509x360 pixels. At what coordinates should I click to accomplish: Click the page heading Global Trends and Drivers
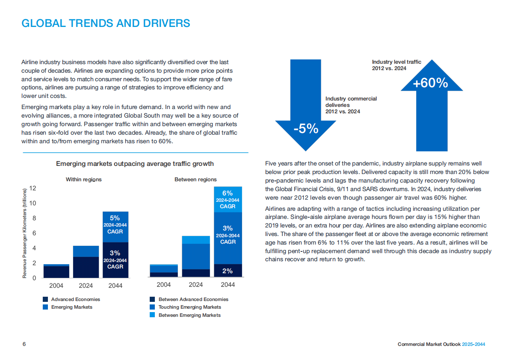106,23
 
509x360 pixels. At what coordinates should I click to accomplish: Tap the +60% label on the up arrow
430,83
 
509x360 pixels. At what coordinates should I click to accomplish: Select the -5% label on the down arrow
305,128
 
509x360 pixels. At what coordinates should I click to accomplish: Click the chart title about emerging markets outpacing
135,164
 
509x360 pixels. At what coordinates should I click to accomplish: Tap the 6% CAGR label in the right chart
228,199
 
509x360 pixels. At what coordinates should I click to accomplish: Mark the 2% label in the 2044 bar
228,271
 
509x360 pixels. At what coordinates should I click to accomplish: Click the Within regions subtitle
83,180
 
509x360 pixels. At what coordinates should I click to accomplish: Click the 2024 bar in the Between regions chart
196,257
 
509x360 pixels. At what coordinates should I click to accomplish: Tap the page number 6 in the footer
24,344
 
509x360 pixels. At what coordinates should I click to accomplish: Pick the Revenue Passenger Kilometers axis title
25,233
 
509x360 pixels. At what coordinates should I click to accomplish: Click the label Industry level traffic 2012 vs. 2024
396,65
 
